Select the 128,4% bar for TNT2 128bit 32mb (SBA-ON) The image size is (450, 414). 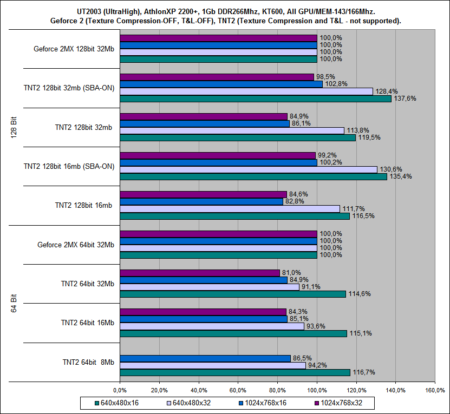click(x=246, y=91)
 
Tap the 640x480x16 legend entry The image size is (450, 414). click(x=117, y=403)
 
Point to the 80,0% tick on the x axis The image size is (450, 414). click(x=277, y=389)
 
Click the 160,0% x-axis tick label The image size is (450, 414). click(x=435, y=389)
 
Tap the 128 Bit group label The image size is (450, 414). click(x=14, y=127)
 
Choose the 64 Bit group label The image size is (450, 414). click(x=14, y=303)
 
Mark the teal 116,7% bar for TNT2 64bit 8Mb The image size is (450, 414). click(x=234, y=372)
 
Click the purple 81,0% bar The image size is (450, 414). click(x=199, y=273)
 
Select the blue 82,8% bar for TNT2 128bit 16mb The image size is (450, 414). click(x=201, y=201)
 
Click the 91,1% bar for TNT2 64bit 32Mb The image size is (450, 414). click(x=209, y=287)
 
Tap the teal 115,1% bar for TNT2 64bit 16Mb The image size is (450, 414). click(x=233, y=333)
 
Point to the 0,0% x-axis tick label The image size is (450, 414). click(x=119, y=389)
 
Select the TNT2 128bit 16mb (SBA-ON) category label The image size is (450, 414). click(x=69, y=166)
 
